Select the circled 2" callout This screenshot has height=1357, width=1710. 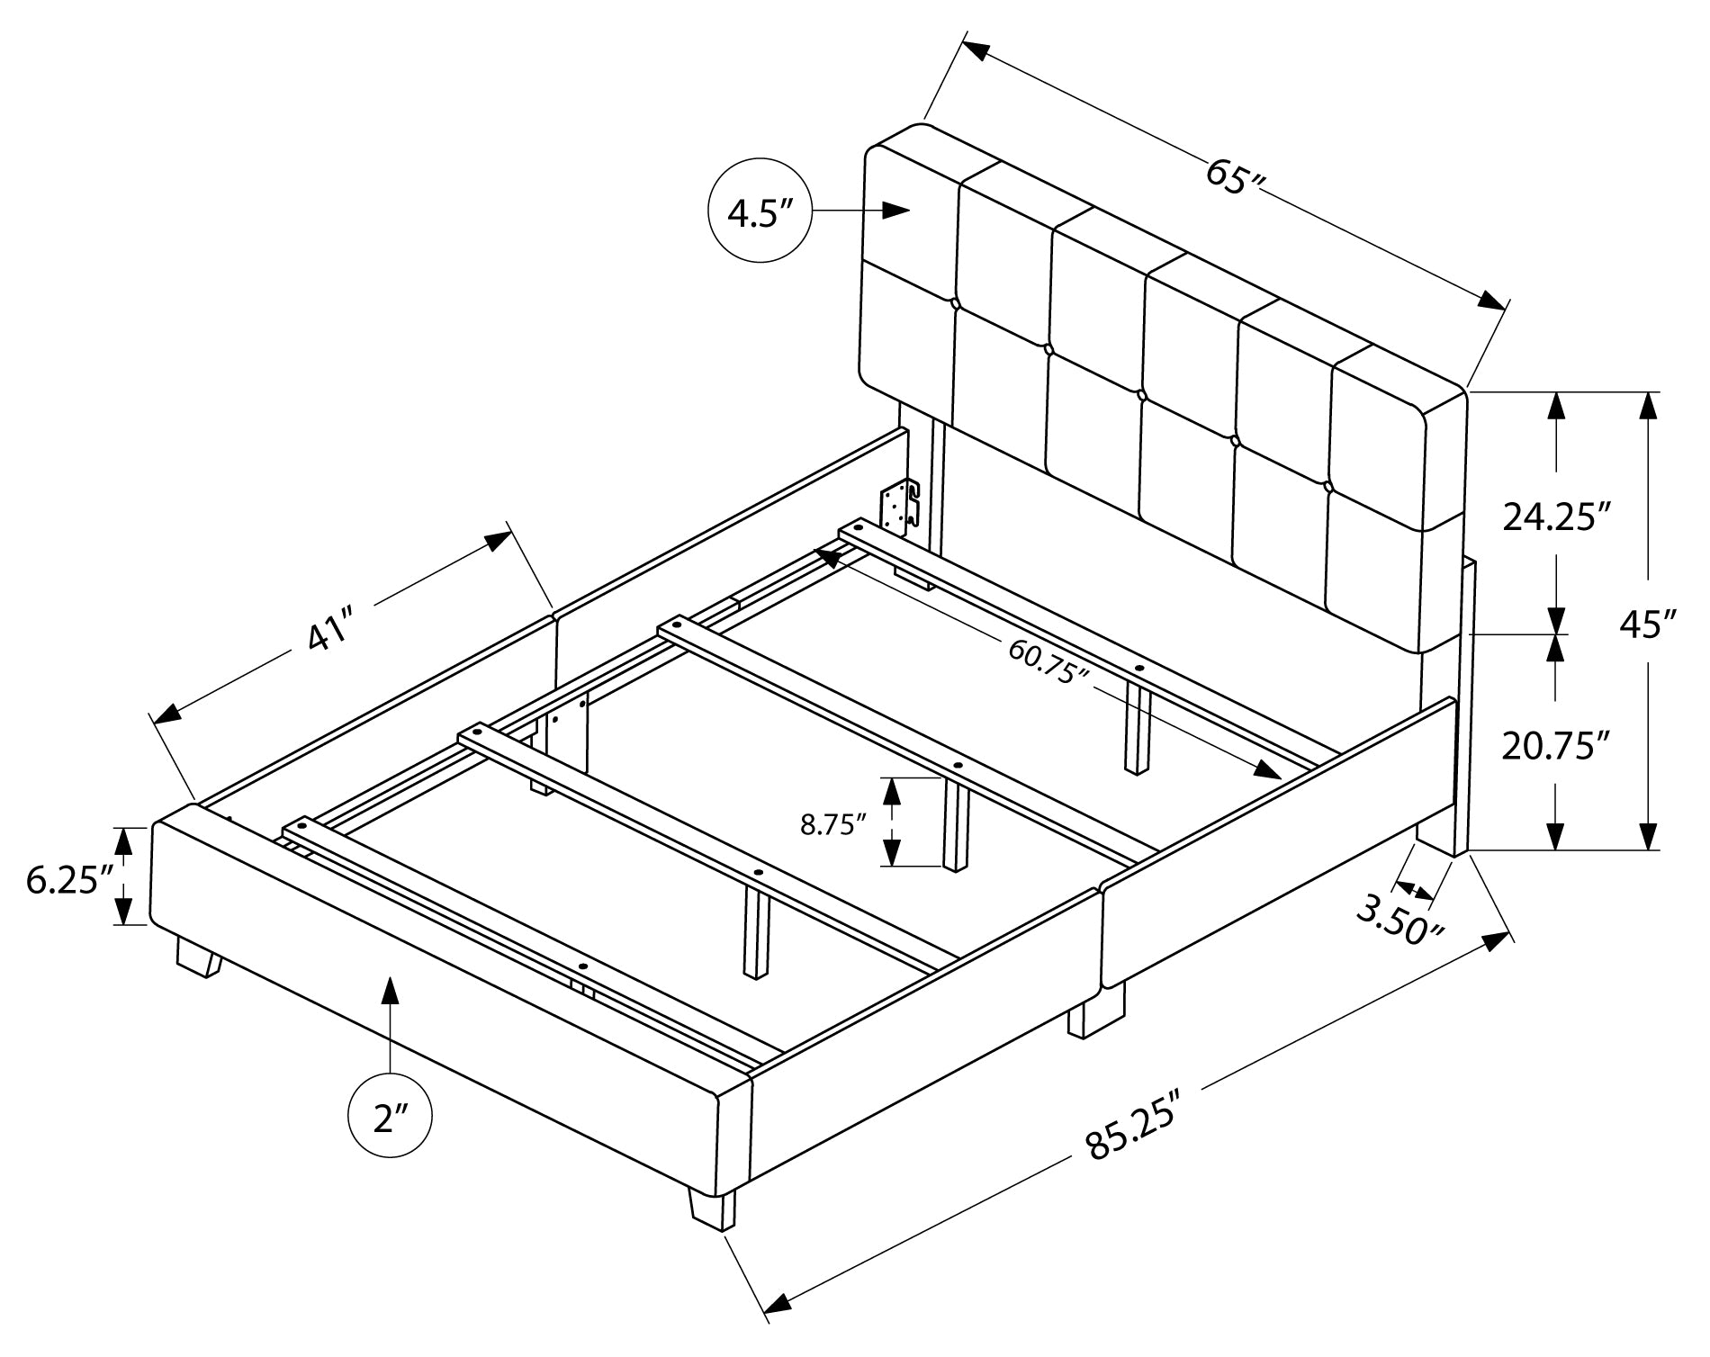point(390,1119)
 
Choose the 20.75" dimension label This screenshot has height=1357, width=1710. point(1555,746)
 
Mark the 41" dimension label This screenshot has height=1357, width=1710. point(328,633)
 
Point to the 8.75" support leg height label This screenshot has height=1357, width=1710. point(832,824)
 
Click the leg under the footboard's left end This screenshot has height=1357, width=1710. point(199,956)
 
